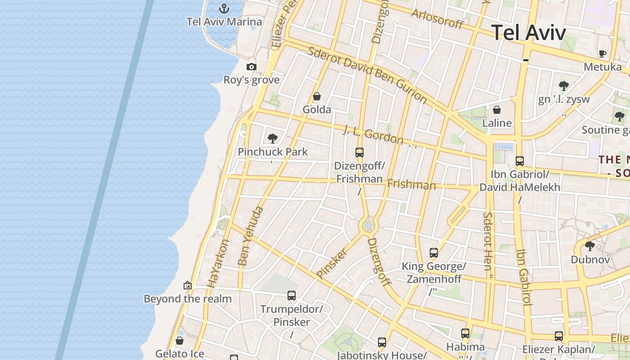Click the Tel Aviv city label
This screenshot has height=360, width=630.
click(528, 32)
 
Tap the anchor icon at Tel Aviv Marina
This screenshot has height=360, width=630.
click(224, 8)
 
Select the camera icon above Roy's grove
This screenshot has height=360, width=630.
click(252, 67)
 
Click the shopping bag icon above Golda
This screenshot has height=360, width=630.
click(317, 96)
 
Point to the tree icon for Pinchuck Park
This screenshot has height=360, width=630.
click(272, 138)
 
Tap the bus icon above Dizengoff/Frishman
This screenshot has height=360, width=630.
click(359, 152)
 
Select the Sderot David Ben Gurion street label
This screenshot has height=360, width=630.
click(367, 74)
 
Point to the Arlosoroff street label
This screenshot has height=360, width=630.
click(437, 18)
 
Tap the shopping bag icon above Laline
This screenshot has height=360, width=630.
click(497, 110)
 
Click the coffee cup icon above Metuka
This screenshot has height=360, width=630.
click(603, 54)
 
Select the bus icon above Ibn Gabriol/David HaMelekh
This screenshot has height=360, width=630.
click(520, 161)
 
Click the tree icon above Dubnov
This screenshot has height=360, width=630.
click(589, 246)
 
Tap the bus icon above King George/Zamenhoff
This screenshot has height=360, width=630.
click(434, 253)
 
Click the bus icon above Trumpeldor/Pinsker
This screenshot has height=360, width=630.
click(292, 296)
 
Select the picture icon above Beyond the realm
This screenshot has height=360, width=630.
click(188, 285)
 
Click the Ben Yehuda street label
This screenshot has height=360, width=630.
click(250, 236)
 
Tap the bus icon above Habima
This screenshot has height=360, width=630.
click(465, 333)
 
